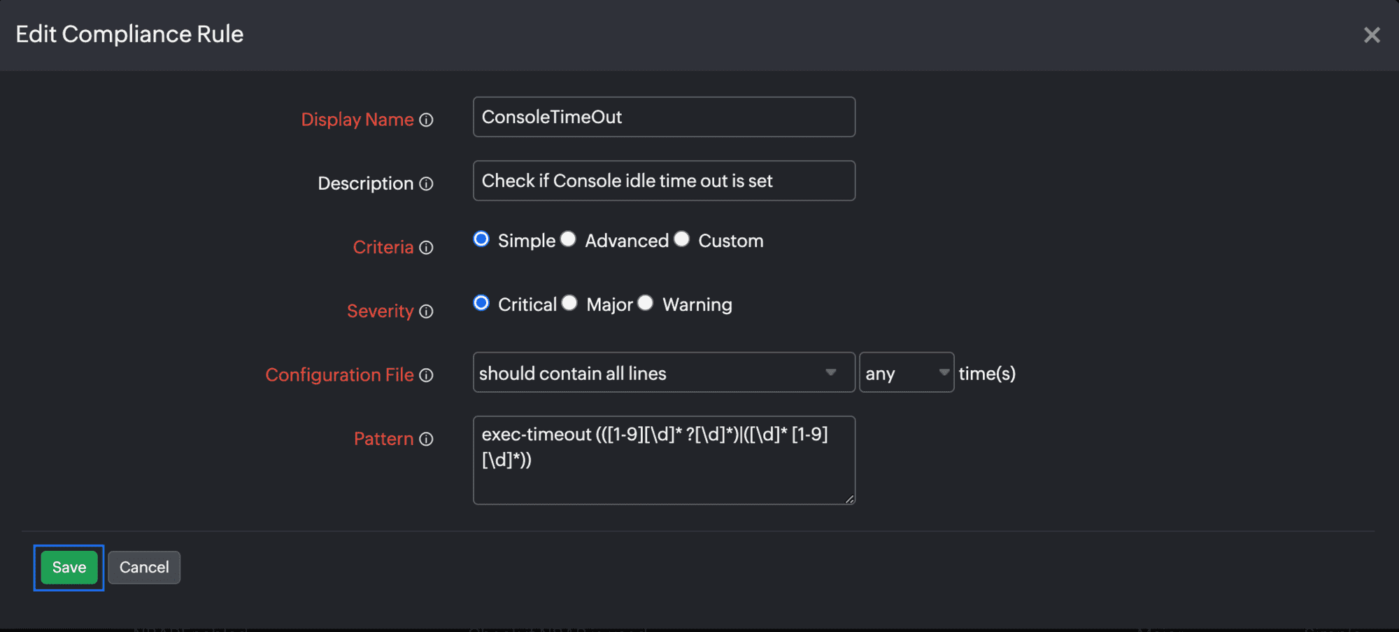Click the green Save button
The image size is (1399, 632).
pyautogui.click(x=69, y=567)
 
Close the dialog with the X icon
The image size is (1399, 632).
pyautogui.click(x=1372, y=35)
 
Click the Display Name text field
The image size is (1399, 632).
pyautogui.click(x=664, y=117)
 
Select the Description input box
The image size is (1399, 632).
pyautogui.click(x=664, y=181)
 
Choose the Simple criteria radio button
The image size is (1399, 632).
pyautogui.click(x=481, y=239)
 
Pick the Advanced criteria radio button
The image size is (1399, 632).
pyautogui.click(x=568, y=239)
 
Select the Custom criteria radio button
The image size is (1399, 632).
pyautogui.click(x=682, y=239)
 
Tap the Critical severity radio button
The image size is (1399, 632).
pyautogui.click(x=481, y=303)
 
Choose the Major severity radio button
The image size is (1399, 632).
pyautogui.click(x=569, y=303)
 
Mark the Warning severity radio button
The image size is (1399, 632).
pyautogui.click(x=646, y=303)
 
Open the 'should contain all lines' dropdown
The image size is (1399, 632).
pyautogui.click(x=664, y=372)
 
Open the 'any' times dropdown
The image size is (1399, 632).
pyautogui.click(x=907, y=372)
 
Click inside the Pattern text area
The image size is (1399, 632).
pyautogui.click(x=664, y=460)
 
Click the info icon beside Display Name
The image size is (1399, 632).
pyautogui.click(x=426, y=120)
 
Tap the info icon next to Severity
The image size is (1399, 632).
pyautogui.click(x=426, y=311)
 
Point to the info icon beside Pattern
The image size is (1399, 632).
pyautogui.click(x=426, y=439)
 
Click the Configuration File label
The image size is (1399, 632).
pyautogui.click(x=339, y=375)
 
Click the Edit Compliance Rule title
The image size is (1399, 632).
pyautogui.click(x=129, y=34)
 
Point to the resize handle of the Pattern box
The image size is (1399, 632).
pyautogui.click(x=849, y=498)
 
